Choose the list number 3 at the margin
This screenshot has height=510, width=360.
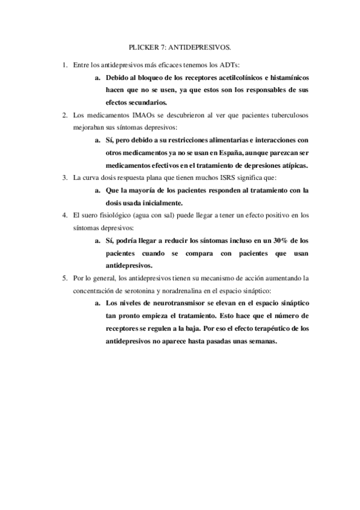(64, 178)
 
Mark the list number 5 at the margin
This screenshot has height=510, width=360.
(64, 278)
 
